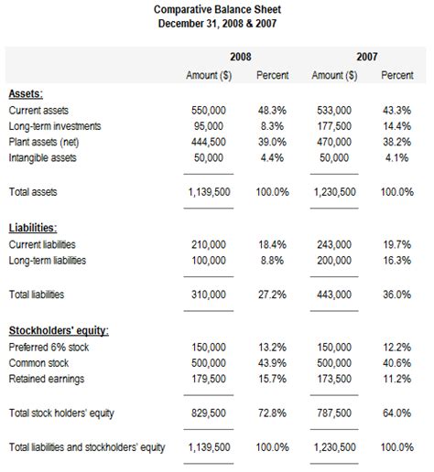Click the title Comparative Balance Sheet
click(x=217, y=8)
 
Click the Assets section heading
click(x=26, y=93)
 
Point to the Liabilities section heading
click(x=33, y=228)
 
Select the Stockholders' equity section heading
click(x=59, y=330)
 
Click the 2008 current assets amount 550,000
click(x=209, y=110)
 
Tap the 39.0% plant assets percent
click(x=272, y=142)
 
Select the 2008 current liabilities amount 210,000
click(x=209, y=244)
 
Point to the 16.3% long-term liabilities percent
click(x=396, y=261)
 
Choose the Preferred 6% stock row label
click(x=47, y=347)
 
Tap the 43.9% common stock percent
click(x=272, y=363)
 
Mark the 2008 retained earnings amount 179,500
click(x=209, y=379)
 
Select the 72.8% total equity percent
click(x=272, y=413)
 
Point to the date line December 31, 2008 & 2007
click(x=217, y=23)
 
